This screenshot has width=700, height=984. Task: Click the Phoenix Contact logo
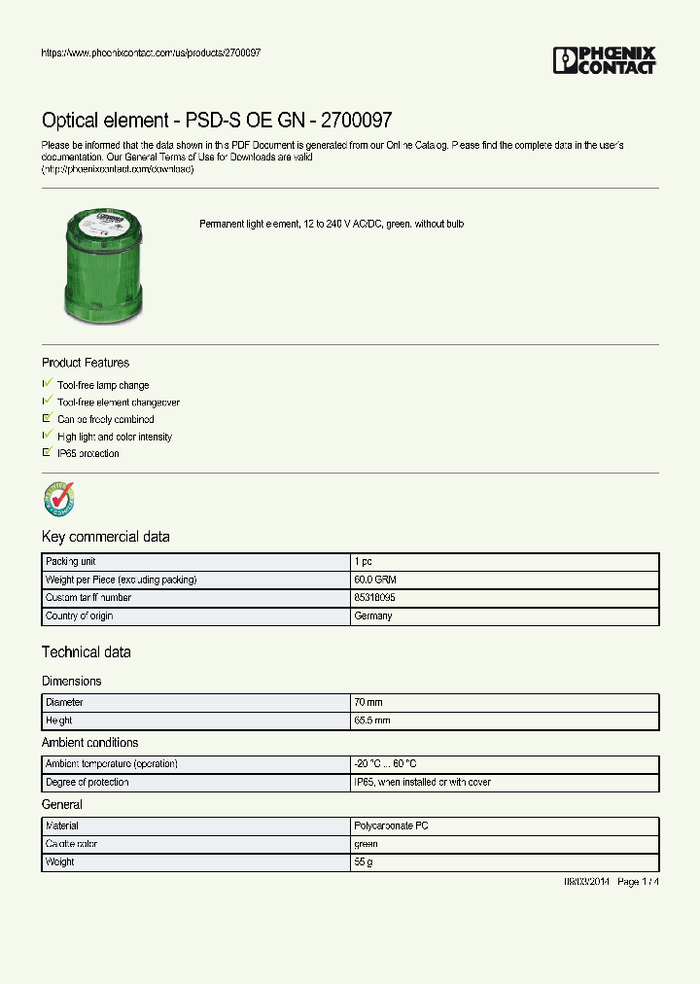(x=604, y=60)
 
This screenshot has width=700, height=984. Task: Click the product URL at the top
(x=151, y=53)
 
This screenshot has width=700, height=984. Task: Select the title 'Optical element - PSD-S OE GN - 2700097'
(x=217, y=121)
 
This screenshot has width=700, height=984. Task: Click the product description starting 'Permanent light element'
(x=332, y=224)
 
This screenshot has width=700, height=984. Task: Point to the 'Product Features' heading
(x=86, y=363)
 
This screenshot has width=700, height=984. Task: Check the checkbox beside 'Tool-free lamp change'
(x=47, y=384)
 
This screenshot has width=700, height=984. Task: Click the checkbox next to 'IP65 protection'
(x=47, y=452)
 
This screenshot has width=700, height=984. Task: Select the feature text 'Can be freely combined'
(x=105, y=419)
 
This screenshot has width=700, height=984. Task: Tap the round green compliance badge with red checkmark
(x=58, y=499)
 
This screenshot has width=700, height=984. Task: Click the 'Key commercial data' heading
(x=105, y=537)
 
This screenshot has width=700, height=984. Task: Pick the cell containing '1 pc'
(x=362, y=562)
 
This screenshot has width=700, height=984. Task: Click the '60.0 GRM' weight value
(x=374, y=580)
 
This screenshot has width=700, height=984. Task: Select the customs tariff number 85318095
(x=374, y=598)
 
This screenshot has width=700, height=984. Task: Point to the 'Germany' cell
(x=372, y=616)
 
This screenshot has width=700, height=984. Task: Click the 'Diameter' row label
(x=64, y=702)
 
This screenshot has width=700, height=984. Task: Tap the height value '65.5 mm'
(x=371, y=720)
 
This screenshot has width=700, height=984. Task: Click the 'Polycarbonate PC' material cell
(x=391, y=826)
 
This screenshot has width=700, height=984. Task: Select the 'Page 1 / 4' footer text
(x=638, y=882)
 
